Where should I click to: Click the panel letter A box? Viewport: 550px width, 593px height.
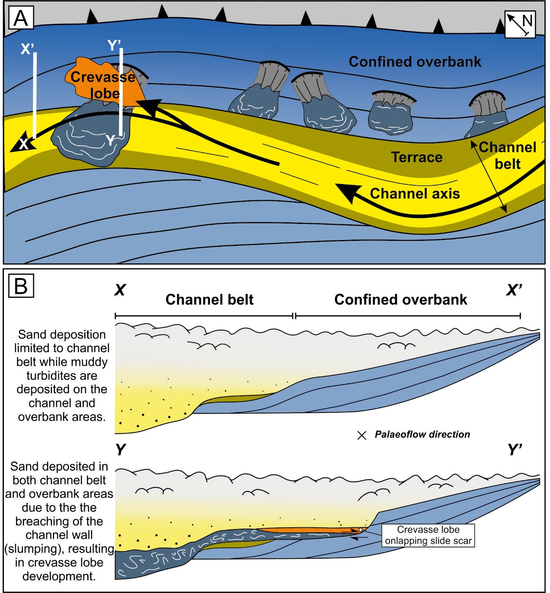coord(21,19)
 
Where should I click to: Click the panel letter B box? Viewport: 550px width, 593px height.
coord(21,286)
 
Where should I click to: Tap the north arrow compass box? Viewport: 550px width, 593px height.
coord(520,24)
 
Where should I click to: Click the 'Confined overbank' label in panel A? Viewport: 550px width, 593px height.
coord(415,62)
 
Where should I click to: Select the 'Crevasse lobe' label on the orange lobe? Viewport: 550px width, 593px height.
coord(103,85)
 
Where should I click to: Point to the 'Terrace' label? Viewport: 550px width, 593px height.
coord(417,157)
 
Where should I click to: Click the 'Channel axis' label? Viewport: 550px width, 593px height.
coord(415,193)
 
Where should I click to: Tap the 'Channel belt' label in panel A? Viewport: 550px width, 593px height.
coord(508,155)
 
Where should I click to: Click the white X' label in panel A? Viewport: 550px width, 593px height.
coord(27,49)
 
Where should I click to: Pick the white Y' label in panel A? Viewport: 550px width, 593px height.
coord(114,45)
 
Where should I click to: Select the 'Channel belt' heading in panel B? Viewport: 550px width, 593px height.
coord(209,300)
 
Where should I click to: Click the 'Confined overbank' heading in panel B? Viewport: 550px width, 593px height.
coord(401,300)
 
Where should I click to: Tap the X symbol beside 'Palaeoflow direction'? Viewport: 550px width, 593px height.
coord(362,435)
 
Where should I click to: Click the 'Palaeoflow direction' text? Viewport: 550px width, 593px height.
coord(422,434)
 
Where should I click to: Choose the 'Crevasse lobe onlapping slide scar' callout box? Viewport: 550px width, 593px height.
coord(428,535)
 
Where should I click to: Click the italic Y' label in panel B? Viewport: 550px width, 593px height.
coord(515,450)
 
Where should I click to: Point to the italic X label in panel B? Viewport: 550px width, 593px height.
coord(120,290)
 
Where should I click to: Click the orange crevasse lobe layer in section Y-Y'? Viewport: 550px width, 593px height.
coord(305,530)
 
